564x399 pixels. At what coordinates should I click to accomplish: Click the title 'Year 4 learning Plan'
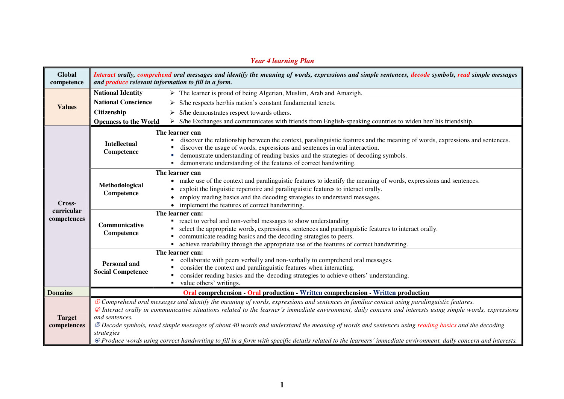click(x=282, y=61)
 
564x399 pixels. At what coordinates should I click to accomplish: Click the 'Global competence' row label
click(x=67, y=78)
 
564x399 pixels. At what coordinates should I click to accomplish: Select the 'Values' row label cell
click(x=67, y=107)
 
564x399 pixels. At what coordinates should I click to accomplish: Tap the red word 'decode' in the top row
click(x=420, y=74)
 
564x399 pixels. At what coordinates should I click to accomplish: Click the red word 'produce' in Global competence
click(x=117, y=82)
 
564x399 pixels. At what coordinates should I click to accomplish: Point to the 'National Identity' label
click(x=118, y=93)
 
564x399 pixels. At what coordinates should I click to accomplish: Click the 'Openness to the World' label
click(x=126, y=121)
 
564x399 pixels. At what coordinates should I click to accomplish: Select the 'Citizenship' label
click(x=110, y=112)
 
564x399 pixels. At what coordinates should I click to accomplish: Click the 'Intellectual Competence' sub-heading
click(x=121, y=147)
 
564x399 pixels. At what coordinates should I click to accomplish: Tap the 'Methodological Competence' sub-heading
click(x=121, y=189)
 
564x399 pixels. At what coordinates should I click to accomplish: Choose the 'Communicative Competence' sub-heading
click(x=121, y=229)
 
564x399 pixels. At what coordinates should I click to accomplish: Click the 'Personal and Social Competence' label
click(x=121, y=267)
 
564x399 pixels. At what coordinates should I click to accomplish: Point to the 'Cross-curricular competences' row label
click(x=67, y=211)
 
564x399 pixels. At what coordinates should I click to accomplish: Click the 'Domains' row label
click(x=60, y=293)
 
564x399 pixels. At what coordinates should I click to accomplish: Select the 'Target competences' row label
click(x=67, y=321)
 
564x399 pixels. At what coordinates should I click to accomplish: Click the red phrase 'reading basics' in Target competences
click(x=437, y=325)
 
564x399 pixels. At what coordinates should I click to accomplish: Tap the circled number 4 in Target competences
click(x=97, y=340)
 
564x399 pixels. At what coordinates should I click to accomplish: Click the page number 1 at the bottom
click(x=282, y=385)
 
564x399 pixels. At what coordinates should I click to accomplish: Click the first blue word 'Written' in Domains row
click(x=311, y=293)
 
